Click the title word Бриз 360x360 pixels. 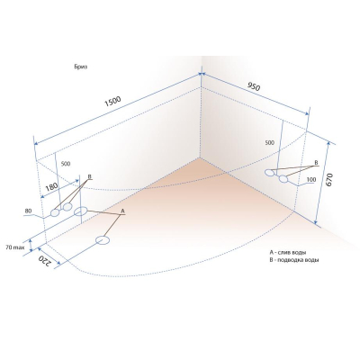coord(81,67)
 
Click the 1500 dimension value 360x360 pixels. coord(112,101)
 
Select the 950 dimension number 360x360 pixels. coord(254,86)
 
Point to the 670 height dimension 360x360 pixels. coord(329,180)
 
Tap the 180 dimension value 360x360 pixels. coord(52,187)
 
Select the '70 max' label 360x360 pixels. coord(13,247)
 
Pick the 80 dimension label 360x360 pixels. coord(29,211)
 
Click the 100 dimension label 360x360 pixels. coord(311,179)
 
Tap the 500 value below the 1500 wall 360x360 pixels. coord(66,164)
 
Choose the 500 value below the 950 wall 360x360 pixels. coord(270,143)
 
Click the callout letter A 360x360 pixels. coord(122,211)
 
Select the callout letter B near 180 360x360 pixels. coord(89,176)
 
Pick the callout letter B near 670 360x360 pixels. coord(316,162)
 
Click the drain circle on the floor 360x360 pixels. coord(103,240)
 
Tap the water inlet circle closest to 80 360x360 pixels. coord(54,212)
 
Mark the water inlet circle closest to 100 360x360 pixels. coord(283,179)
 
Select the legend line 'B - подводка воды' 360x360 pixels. coord(294,260)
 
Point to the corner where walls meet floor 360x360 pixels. coord(201,157)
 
